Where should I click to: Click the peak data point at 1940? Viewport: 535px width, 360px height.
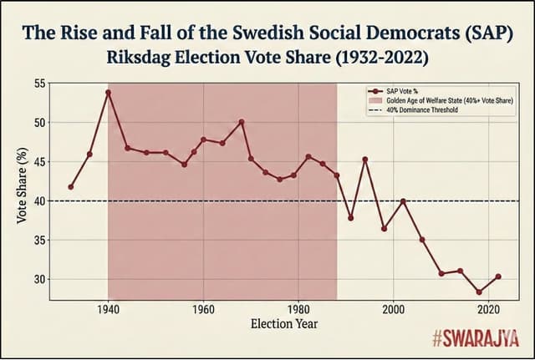[x=108, y=93]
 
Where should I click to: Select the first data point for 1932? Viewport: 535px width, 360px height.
[x=70, y=186]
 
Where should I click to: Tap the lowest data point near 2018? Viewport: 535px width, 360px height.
[x=479, y=292]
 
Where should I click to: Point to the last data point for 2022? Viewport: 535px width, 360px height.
[x=498, y=276]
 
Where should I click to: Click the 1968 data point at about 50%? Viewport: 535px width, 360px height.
[x=242, y=122]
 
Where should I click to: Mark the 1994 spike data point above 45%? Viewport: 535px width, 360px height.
[x=365, y=160]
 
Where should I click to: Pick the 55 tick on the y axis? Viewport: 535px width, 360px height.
[x=39, y=83]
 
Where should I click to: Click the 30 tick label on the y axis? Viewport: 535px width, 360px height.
[x=39, y=279]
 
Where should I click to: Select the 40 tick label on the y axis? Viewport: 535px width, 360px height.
[x=39, y=200]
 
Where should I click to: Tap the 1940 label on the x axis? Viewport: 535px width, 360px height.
[x=108, y=309]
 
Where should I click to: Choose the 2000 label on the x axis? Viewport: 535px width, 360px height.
[x=394, y=309]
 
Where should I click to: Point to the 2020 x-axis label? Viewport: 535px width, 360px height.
[x=488, y=309]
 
